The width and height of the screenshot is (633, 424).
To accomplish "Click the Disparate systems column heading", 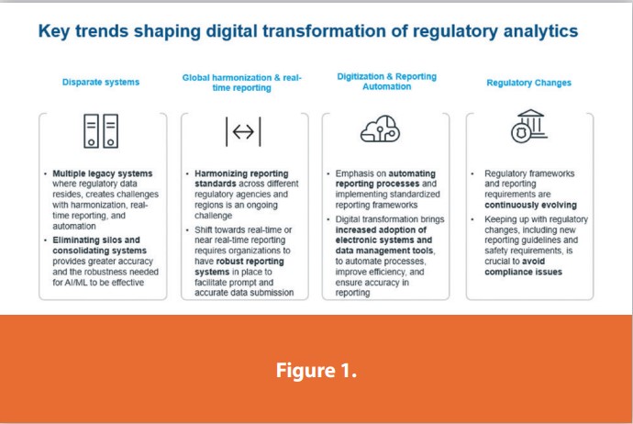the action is pyautogui.click(x=101, y=82).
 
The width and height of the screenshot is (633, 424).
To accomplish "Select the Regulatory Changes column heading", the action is pyautogui.click(x=528, y=83).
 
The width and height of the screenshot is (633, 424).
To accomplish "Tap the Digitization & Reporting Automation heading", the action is pyautogui.click(x=387, y=81).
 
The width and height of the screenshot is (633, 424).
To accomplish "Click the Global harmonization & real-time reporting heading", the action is pyautogui.click(x=242, y=83).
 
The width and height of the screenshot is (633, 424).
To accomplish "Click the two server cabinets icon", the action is pyautogui.click(x=101, y=131).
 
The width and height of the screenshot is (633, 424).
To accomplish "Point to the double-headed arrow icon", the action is pyautogui.click(x=243, y=131).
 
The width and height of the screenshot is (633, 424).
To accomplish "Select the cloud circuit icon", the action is pyautogui.click(x=380, y=128).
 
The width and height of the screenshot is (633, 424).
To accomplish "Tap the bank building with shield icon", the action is pyautogui.click(x=529, y=126).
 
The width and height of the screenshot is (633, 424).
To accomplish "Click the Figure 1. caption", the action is pyautogui.click(x=316, y=370).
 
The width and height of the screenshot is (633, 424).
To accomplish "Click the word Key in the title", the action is pyautogui.click(x=54, y=31).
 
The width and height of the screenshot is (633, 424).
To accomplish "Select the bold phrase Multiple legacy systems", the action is pyautogui.click(x=103, y=173).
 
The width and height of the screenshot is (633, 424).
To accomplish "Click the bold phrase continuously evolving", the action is pyautogui.click(x=530, y=206).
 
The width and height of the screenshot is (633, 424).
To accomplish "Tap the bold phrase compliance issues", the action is pyautogui.click(x=523, y=272).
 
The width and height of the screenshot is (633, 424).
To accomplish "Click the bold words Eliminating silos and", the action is pyautogui.click(x=96, y=240).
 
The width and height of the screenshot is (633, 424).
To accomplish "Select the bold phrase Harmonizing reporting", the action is pyautogui.click(x=241, y=173).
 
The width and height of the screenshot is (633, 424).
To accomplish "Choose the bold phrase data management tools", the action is pyautogui.click(x=384, y=251).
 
